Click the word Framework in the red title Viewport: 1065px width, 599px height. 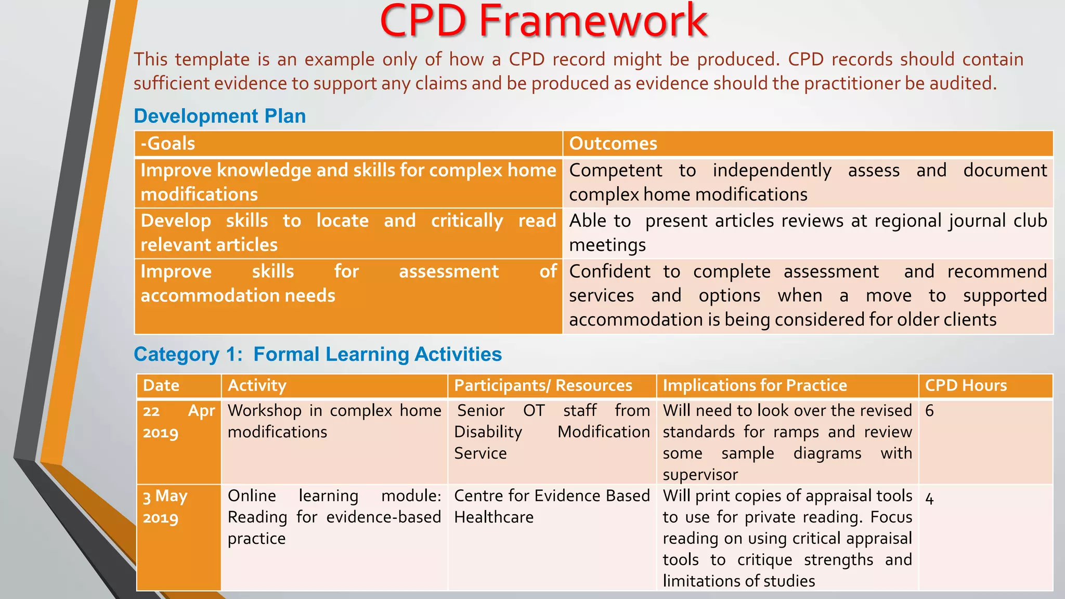(593, 22)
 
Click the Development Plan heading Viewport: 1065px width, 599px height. (219, 116)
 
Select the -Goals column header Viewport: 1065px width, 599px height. (168, 144)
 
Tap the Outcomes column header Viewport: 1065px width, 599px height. (613, 144)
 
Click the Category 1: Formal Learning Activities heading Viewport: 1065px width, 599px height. (317, 354)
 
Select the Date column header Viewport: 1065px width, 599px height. (161, 385)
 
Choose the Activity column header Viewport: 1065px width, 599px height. (257, 385)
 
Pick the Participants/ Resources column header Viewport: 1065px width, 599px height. (543, 385)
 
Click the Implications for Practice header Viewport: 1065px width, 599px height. (755, 385)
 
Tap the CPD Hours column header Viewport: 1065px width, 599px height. (966, 385)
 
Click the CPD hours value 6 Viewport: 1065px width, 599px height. (930, 411)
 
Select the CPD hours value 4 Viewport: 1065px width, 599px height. (930, 499)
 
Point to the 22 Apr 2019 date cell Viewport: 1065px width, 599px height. (178, 421)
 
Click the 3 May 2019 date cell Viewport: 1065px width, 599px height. (165, 506)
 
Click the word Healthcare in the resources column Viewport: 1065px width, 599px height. (493, 517)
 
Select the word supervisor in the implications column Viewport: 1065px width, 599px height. (700, 475)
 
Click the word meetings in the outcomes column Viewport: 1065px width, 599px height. (607, 245)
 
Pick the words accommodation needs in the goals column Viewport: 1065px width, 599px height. (238, 296)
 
